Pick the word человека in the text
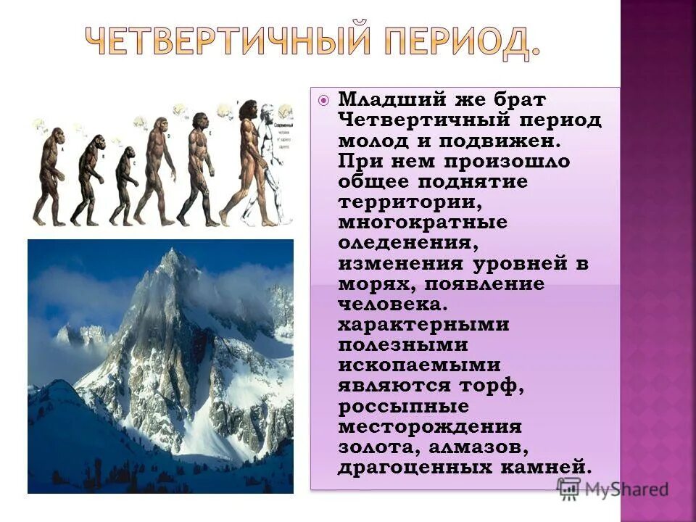click(x=391, y=304)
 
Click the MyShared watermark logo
click(x=613, y=489)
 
